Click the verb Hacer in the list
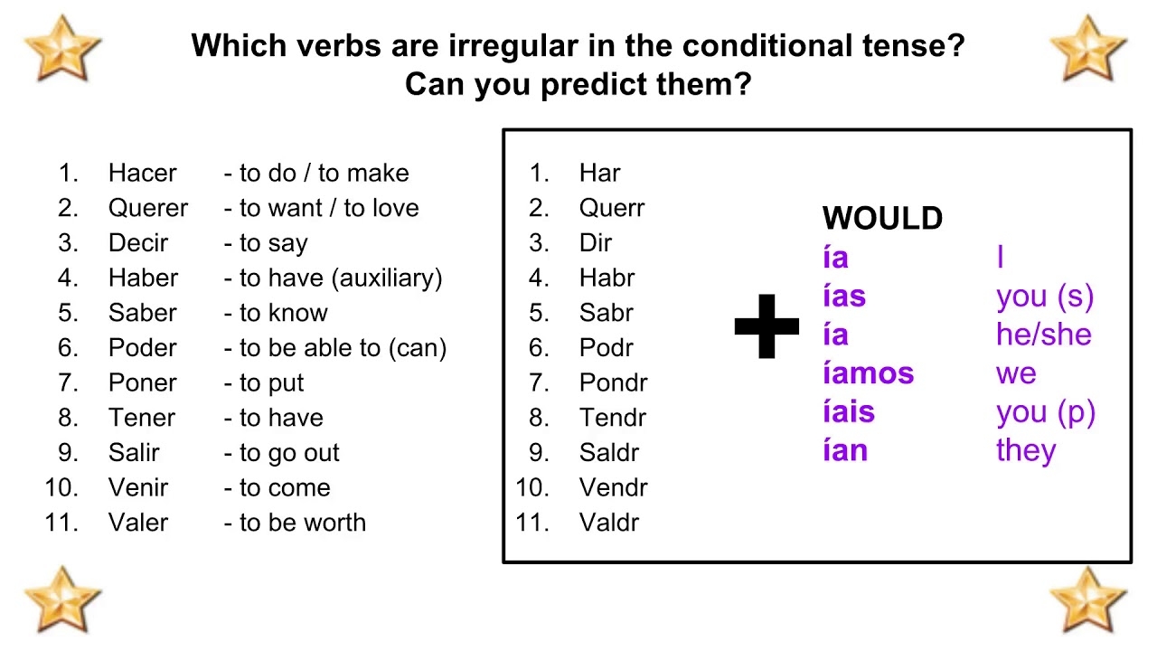click(142, 173)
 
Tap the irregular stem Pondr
click(613, 383)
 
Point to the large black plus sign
click(767, 326)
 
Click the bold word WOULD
click(882, 219)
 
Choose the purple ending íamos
click(868, 373)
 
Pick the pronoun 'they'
click(1025, 450)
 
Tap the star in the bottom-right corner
click(1088, 599)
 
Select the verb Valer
click(138, 523)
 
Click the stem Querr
click(612, 208)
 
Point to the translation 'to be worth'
click(302, 523)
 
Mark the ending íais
click(848, 412)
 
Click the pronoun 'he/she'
click(1043, 335)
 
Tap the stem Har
click(599, 173)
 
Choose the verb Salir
click(134, 453)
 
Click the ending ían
click(844, 450)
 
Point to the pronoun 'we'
click(1016, 373)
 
